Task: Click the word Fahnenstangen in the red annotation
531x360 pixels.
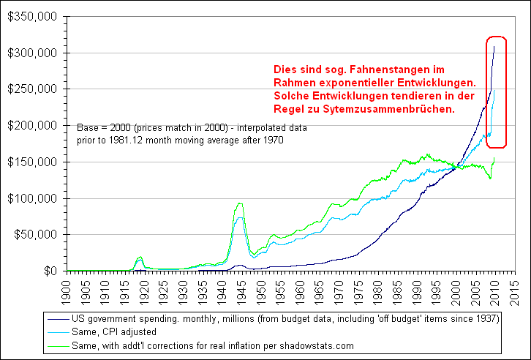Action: pyautogui.click(x=369, y=69)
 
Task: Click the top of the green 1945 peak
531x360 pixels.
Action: pyautogui.click(x=239, y=203)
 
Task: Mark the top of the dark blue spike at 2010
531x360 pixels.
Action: pyautogui.click(x=494, y=46)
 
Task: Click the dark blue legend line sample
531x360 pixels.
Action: pyautogui.click(x=56, y=319)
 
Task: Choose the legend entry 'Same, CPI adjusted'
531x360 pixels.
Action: pyautogui.click(x=112, y=331)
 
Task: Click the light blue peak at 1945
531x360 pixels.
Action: pyautogui.click(x=239, y=217)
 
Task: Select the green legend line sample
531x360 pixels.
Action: pyautogui.click(x=56, y=344)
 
